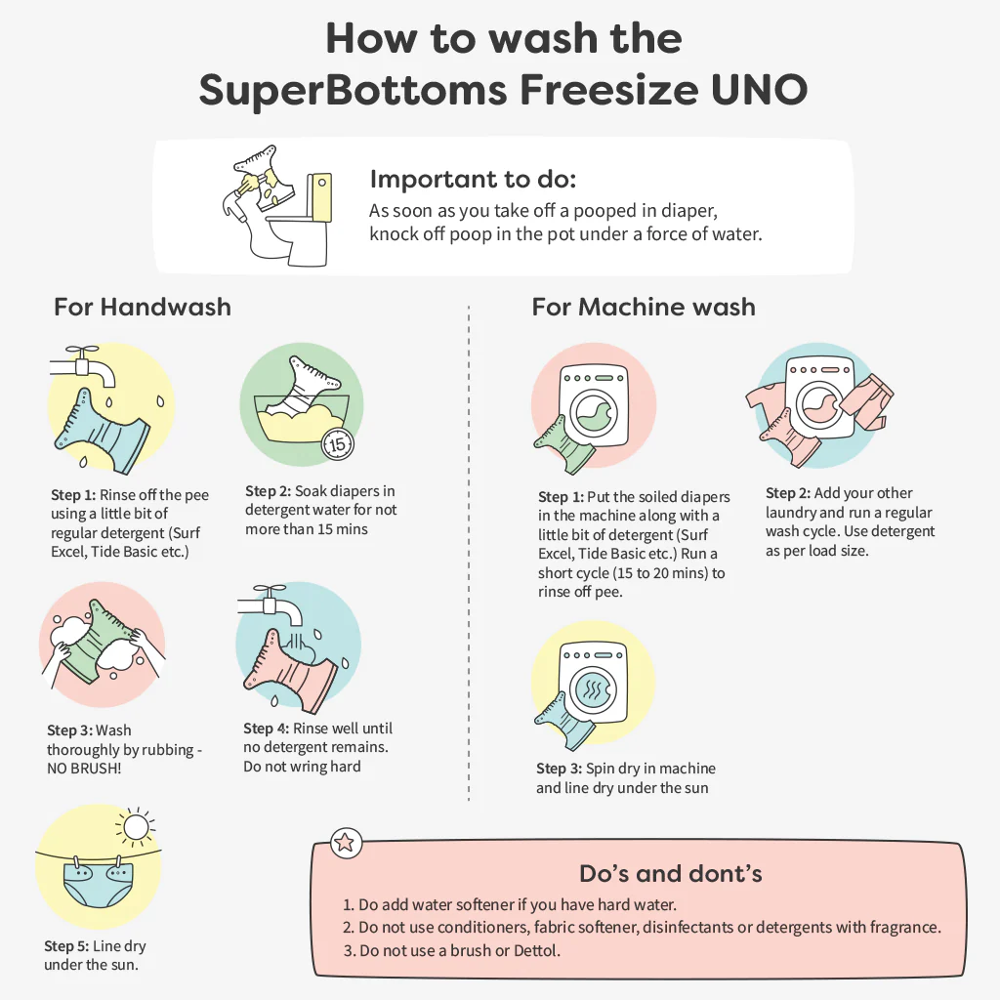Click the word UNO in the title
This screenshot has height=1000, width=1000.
click(759, 90)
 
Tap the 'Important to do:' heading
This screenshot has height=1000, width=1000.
click(473, 180)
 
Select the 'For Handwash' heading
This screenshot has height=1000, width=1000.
click(143, 307)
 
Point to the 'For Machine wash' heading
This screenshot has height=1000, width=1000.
click(644, 307)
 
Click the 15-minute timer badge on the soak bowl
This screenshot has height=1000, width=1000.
click(337, 444)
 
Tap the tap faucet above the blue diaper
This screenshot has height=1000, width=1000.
click(82, 365)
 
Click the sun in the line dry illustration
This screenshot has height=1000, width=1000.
click(135, 827)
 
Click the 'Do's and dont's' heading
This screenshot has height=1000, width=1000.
click(670, 874)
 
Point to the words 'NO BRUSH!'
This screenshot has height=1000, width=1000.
click(84, 769)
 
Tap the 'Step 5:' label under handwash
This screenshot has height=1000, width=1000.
click(66, 945)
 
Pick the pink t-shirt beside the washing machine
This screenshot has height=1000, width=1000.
click(766, 403)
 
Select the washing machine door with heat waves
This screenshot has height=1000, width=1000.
click(593, 689)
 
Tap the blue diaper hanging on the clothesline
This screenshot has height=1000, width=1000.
click(99, 883)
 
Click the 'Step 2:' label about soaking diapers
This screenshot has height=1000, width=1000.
click(268, 491)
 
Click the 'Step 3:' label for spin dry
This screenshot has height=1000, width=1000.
click(560, 769)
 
